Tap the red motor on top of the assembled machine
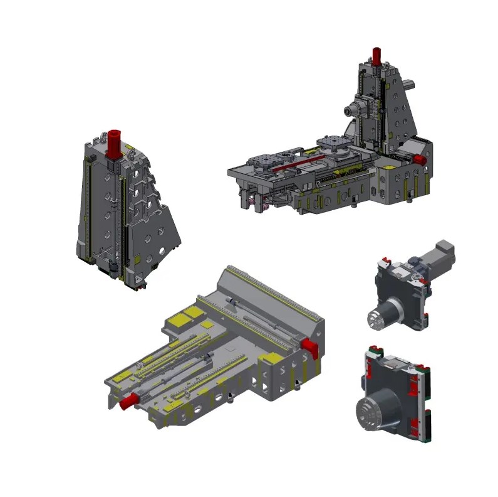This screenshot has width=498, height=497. (376, 55)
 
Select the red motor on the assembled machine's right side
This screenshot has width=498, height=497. (418, 160)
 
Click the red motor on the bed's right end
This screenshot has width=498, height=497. (308, 345)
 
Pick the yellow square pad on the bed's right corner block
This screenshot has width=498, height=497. (272, 359)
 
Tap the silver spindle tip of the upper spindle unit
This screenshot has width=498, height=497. (376, 319)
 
